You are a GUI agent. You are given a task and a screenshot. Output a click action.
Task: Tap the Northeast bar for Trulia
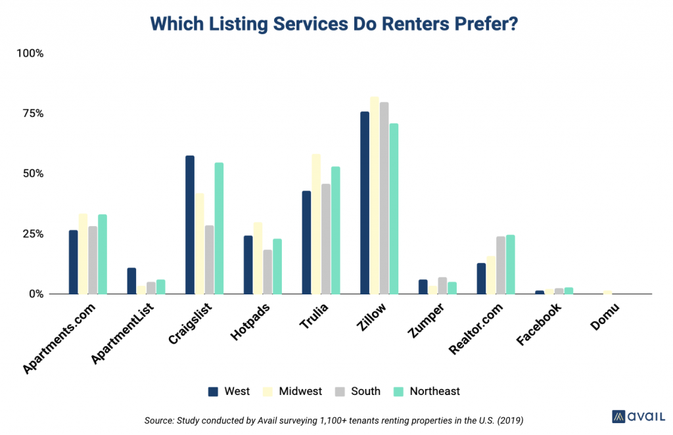coord(335,230)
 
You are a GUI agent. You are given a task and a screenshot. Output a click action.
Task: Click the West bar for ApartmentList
coord(131,281)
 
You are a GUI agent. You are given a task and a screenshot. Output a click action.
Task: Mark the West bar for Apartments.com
coord(73,262)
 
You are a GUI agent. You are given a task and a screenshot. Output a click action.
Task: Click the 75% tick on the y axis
coord(31,113)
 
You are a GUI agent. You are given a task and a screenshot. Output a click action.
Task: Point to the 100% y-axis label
coord(30,53)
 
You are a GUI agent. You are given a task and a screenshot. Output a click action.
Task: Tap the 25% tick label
coord(31,234)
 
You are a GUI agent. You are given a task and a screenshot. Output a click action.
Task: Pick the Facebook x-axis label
coord(539,325)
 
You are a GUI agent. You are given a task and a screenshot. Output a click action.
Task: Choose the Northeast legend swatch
coord(398,392)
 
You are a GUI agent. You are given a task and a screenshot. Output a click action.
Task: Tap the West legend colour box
coord(213,392)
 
